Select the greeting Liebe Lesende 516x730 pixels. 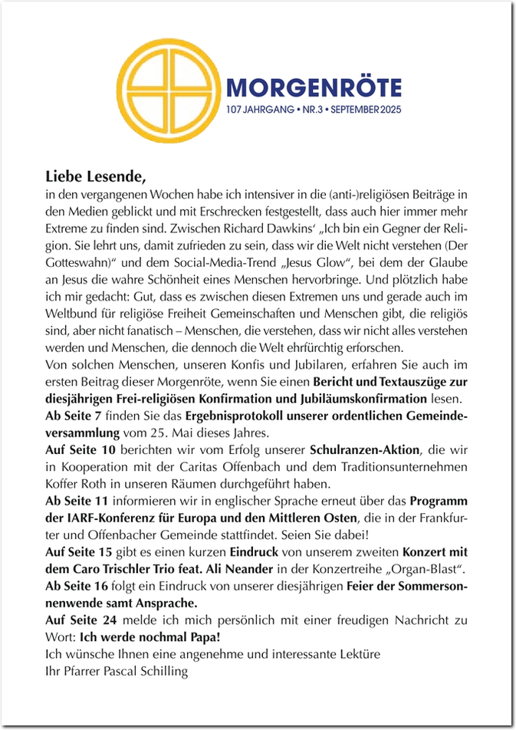point(95,176)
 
